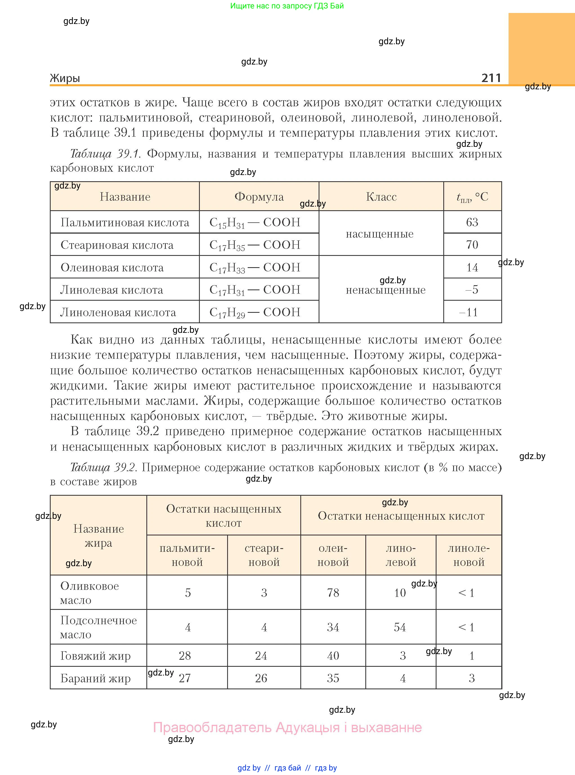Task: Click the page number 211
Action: click(x=491, y=78)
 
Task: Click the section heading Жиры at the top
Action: click(x=65, y=78)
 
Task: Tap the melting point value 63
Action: click(x=472, y=222)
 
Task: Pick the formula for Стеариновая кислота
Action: click(x=255, y=245)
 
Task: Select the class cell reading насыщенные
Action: click(x=379, y=234)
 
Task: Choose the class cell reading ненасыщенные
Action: click(x=386, y=290)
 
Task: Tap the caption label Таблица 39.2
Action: click(x=103, y=468)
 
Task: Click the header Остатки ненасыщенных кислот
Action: click(x=401, y=516)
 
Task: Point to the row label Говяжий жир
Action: click(x=95, y=656)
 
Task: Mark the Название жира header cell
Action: click(x=99, y=536)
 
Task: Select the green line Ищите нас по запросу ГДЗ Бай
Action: click(x=287, y=6)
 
